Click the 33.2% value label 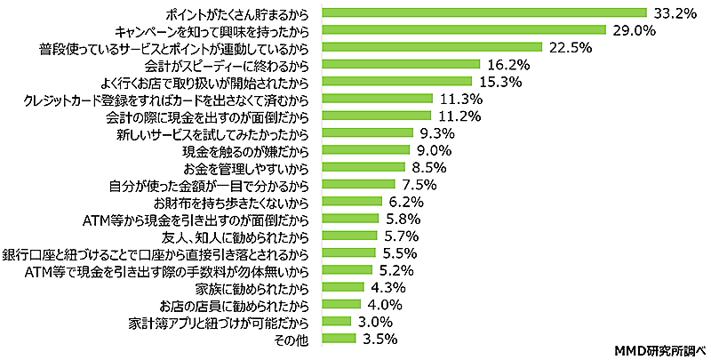674,12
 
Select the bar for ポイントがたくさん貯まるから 483,12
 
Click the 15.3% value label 501,81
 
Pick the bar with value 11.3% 377,98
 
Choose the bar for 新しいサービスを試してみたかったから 367,132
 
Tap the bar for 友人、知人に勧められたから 349,235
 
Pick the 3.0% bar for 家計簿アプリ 338,320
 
